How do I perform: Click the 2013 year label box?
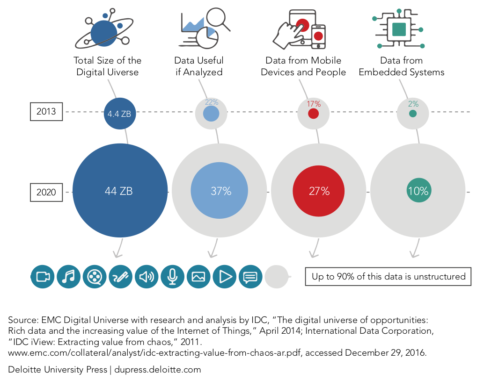[46, 112]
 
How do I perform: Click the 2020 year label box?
[46, 192]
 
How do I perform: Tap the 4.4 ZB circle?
[120, 113]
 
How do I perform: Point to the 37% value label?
[220, 191]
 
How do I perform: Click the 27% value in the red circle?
[319, 191]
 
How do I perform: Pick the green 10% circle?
[418, 191]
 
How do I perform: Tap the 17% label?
[314, 104]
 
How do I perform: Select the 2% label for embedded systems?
[412, 104]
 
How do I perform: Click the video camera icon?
[43, 277]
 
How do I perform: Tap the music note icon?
[69, 277]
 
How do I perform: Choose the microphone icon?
[173, 277]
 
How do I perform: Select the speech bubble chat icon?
[251, 277]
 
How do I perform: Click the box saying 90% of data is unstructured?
[389, 276]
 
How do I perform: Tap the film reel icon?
[95, 277]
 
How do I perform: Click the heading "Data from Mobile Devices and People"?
[303, 66]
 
